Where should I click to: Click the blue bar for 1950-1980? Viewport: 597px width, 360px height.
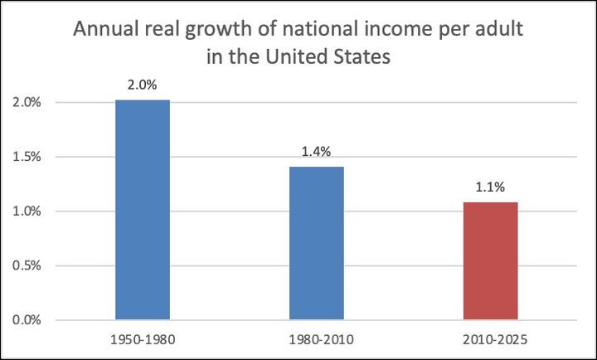[x=143, y=210]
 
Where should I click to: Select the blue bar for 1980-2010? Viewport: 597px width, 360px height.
[x=316, y=243]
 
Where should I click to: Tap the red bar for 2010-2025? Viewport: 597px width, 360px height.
[x=490, y=260]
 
